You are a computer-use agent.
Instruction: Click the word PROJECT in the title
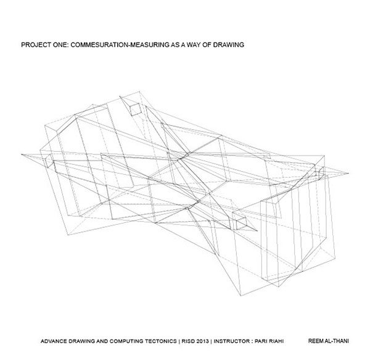pyautogui.click(x=36, y=45)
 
